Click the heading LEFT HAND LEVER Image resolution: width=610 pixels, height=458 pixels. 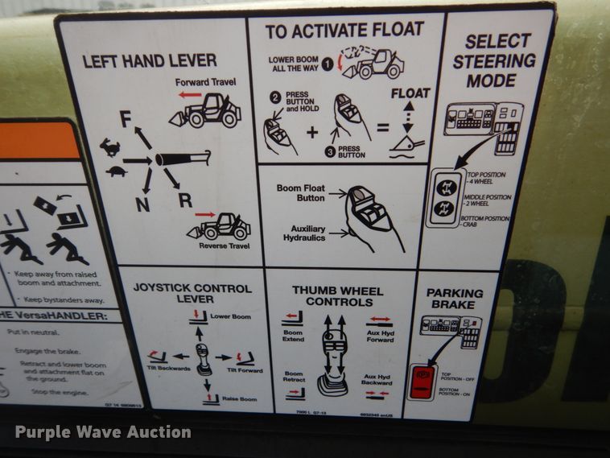click(x=149, y=60)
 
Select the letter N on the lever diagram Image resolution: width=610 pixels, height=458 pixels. click(x=142, y=204)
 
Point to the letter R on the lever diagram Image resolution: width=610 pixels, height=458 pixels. click(x=185, y=200)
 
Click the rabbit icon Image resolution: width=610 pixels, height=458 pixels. click(x=109, y=146)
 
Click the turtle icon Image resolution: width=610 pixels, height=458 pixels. click(x=116, y=171)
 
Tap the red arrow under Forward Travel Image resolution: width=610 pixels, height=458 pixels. click(x=190, y=94)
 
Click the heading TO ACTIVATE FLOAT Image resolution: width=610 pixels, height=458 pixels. click(x=344, y=30)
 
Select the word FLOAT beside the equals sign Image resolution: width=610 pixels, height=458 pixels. click(x=410, y=93)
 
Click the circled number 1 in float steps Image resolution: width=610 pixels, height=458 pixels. click(x=328, y=61)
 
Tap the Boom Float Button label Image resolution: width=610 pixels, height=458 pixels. click(x=300, y=193)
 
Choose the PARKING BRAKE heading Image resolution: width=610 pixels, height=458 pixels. click(x=455, y=299)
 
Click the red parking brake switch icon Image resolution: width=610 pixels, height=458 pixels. click(x=421, y=381)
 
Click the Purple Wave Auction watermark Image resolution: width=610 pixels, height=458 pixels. click(x=103, y=432)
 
